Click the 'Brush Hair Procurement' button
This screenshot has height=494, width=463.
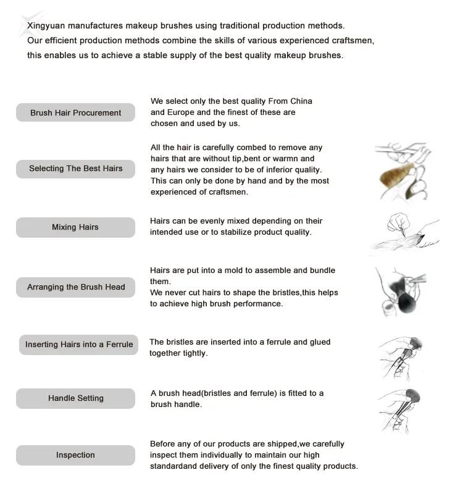coord(75,113)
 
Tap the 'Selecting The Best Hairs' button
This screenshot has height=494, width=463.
coord(75,169)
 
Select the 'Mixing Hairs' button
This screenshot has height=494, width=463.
coord(75,227)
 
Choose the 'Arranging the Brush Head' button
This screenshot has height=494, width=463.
coord(75,287)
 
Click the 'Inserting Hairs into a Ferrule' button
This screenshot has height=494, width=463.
coord(79,345)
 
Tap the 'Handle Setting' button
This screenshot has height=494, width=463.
coord(75,398)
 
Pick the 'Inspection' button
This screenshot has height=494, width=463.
coord(75,455)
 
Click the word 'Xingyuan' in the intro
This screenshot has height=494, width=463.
coord(47,26)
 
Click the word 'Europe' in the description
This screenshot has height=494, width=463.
coord(181,112)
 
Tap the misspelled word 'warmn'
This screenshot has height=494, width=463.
coord(301,159)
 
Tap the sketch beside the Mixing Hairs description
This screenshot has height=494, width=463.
coord(404,233)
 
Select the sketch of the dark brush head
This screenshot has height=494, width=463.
coord(403,290)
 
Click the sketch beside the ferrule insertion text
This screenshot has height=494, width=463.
coord(403,357)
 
